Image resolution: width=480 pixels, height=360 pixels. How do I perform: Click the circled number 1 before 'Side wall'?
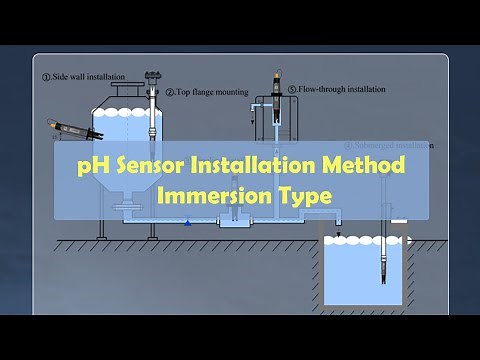pos(45,76)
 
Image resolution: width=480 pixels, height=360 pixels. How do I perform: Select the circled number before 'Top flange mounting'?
pos(169,92)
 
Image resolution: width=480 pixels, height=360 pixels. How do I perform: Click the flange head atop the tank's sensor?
pos(152,76)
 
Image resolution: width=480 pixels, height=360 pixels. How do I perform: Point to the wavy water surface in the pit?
pos(364,241)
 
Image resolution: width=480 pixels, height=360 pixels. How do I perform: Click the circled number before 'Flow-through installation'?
pos(291,88)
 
